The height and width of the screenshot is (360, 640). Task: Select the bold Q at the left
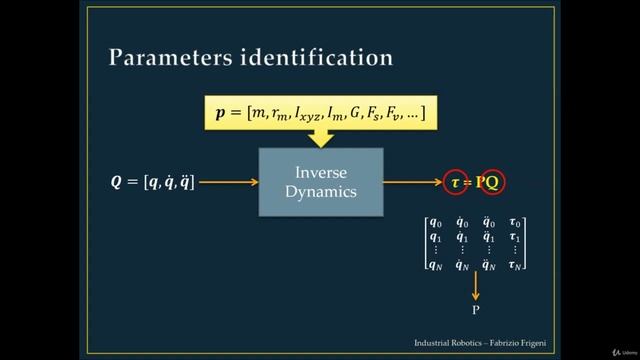(117, 182)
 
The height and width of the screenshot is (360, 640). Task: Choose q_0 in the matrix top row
(435, 223)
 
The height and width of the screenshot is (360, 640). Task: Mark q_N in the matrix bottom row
(435, 264)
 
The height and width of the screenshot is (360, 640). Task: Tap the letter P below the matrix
(476, 311)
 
